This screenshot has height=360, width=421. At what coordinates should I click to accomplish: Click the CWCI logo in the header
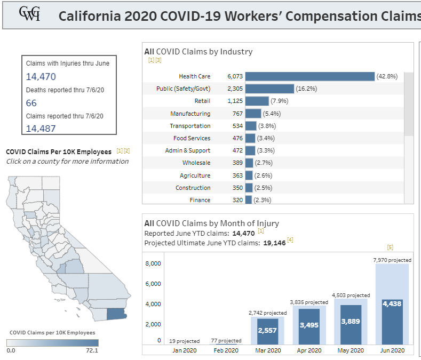coord(29,14)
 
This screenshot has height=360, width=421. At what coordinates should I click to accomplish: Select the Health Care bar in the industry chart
coord(310,76)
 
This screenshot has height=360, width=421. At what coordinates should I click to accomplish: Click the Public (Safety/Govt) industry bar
coord(269,89)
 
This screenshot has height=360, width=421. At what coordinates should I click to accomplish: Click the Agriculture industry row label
coord(195,175)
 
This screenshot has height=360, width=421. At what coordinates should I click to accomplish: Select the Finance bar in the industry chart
coord(248,200)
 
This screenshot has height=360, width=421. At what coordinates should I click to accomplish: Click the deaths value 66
coord(31,103)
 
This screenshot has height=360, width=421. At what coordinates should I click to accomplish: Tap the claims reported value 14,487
coord(41,128)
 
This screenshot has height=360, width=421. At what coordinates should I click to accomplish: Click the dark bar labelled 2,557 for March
coord(268,331)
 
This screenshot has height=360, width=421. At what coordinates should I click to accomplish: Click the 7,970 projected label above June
coord(392,260)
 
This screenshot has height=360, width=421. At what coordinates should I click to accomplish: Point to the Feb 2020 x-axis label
coord(226,350)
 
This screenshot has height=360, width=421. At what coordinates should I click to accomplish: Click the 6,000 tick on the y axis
coord(153,284)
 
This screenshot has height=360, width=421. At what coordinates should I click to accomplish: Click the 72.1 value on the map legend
coord(92,350)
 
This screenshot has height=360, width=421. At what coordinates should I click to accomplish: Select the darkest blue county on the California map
coord(116,313)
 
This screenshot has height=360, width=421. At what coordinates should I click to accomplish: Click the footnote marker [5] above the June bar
coord(390,247)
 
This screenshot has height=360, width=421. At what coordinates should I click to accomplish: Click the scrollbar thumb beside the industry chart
coord(409,104)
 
